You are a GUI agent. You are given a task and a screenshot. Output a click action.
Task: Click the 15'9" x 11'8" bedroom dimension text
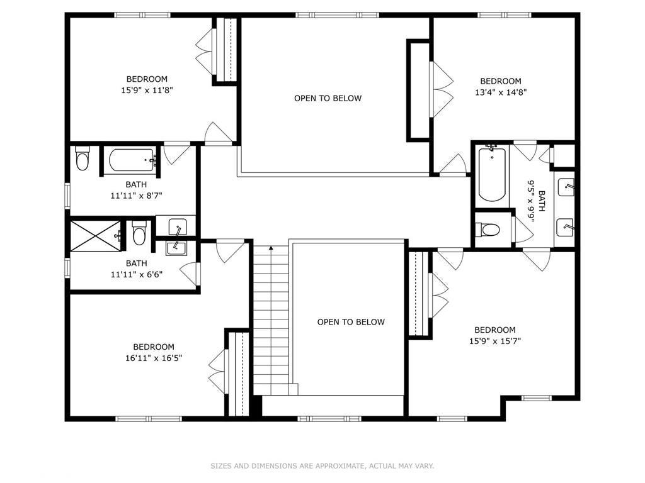[x=147, y=90]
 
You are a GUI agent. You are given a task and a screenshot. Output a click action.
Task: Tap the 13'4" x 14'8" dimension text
[x=501, y=92]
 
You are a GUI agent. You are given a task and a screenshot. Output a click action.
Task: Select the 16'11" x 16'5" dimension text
[x=154, y=358]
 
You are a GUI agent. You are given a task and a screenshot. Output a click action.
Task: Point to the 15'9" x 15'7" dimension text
[x=494, y=341]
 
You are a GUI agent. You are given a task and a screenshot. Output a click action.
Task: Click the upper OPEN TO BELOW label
[x=328, y=98]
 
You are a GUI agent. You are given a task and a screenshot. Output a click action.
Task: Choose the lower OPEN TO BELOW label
[x=350, y=322]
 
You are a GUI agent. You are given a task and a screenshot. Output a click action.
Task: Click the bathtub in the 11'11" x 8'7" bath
[x=132, y=160]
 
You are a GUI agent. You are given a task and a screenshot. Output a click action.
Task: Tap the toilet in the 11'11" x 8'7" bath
[x=83, y=160]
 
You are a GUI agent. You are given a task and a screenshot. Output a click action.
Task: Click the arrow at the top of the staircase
[x=271, y=248]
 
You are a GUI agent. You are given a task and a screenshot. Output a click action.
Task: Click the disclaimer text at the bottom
[x=322, y=466]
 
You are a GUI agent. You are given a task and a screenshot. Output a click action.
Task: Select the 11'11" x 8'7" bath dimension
[x=136, y=195]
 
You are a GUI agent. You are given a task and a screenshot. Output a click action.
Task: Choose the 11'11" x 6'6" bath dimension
[x=136, y=274]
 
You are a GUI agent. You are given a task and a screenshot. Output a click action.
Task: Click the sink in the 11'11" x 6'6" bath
[x=176, y=248]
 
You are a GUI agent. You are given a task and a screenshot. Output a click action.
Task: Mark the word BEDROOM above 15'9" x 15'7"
[x=494, y=330]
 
